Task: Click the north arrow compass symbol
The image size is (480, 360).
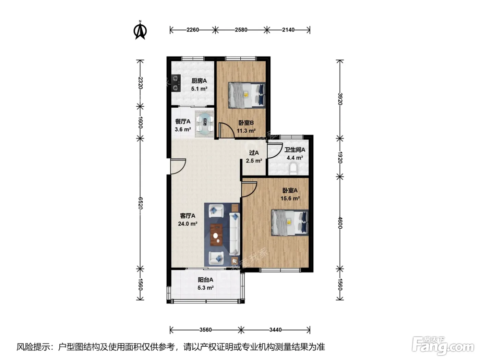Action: click(140, 30)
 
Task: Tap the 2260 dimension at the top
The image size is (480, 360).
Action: click(193, 30)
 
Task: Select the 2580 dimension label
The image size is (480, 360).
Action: click(241, 30)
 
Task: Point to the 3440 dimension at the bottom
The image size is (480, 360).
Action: click(275, 330)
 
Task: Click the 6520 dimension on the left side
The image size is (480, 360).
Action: click(140, 203)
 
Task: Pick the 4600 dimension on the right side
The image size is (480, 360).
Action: click(340, 223)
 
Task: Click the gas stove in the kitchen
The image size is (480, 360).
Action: click(176, 83)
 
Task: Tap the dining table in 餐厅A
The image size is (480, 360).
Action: click(205, 124)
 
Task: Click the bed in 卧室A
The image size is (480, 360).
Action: click(290, 223)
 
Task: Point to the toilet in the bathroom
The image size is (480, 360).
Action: click(295, 170)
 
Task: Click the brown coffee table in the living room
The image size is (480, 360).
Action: click(216, 235)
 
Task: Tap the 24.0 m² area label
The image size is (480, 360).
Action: click(188, 224)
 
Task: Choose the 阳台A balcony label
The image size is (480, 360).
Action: click(206, 280)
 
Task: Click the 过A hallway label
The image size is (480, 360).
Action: click(254, 153)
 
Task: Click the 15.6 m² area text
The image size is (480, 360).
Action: click(290, 199)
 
